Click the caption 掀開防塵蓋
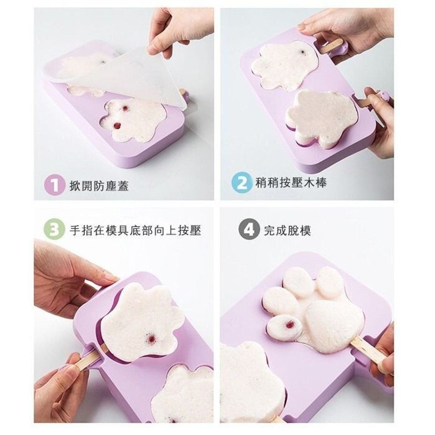99,185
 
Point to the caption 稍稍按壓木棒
291,183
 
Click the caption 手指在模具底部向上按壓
136,230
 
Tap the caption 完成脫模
287,230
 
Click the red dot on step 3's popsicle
152,338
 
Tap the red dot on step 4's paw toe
291,324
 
